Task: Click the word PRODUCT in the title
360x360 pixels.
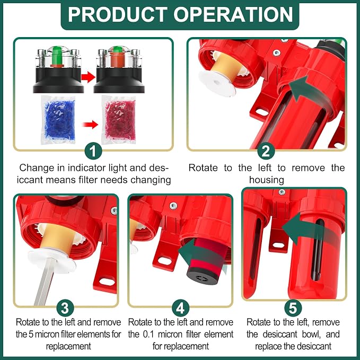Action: point(117,14)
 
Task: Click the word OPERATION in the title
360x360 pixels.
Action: point(233,14)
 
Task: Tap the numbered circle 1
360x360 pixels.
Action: point(93,151)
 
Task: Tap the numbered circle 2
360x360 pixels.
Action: point(266,151)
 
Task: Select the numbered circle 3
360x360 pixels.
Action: point(65,308)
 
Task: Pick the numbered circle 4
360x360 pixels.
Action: point(180,308)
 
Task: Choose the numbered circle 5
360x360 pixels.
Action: point(293,308)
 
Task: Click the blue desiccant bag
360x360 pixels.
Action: point(58,120)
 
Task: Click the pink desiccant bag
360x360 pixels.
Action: point(119,120)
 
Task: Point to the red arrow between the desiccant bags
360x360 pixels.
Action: point(90,125)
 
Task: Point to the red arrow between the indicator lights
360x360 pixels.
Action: point(88,77)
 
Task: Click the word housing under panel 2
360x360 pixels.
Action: point(267,180)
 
